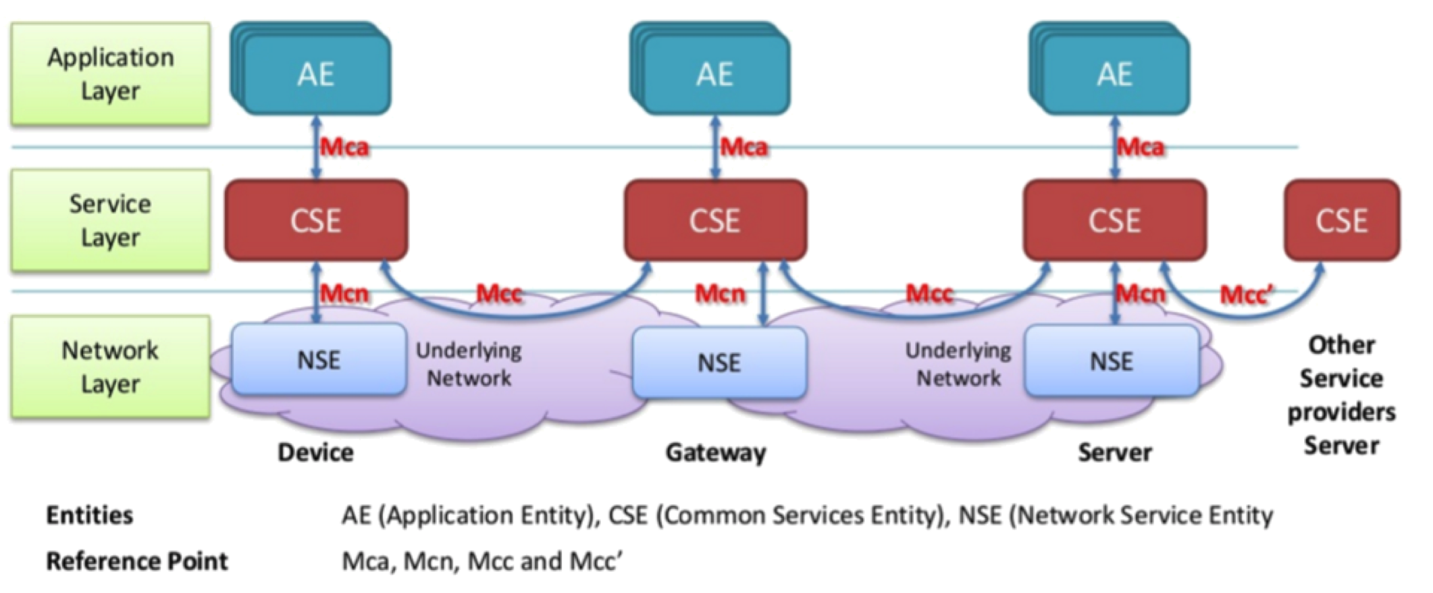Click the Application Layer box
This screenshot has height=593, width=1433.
click(x=110, y=74)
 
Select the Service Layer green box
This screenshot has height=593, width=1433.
click(x=110, y=221)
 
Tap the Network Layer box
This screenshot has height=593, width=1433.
click(x=110, y=367)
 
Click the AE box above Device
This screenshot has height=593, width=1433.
click(x=316, y=74)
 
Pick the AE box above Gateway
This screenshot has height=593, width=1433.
click(x=715, y=74)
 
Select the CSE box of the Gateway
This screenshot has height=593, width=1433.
click(x=715, y=221)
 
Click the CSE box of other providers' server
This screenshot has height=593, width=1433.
click(x=1341, y=221)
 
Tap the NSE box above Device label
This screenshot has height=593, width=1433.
click(x=319, y=360)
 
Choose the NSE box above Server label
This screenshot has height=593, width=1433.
click(x=1112, y=361)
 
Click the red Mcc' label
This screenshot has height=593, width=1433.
click(x=1246, y=295)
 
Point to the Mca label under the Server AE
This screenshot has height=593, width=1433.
click(x=1141, y=147)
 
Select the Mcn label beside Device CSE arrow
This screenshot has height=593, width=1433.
click(x=344, y=294)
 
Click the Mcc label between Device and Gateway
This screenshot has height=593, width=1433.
click(x=499, y=294)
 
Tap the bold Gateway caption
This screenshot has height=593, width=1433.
click(x=716, y=452)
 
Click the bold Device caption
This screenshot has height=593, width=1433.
click(x=315, y=452)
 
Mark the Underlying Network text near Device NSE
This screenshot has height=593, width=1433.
click(x=469, y=364)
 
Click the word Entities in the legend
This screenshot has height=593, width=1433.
click(x=89, y=515)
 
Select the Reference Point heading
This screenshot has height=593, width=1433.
click(x=136, y=561)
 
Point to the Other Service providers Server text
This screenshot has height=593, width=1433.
click(x=1341, y=395)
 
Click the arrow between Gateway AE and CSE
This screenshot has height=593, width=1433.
click(x=715, y=147)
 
